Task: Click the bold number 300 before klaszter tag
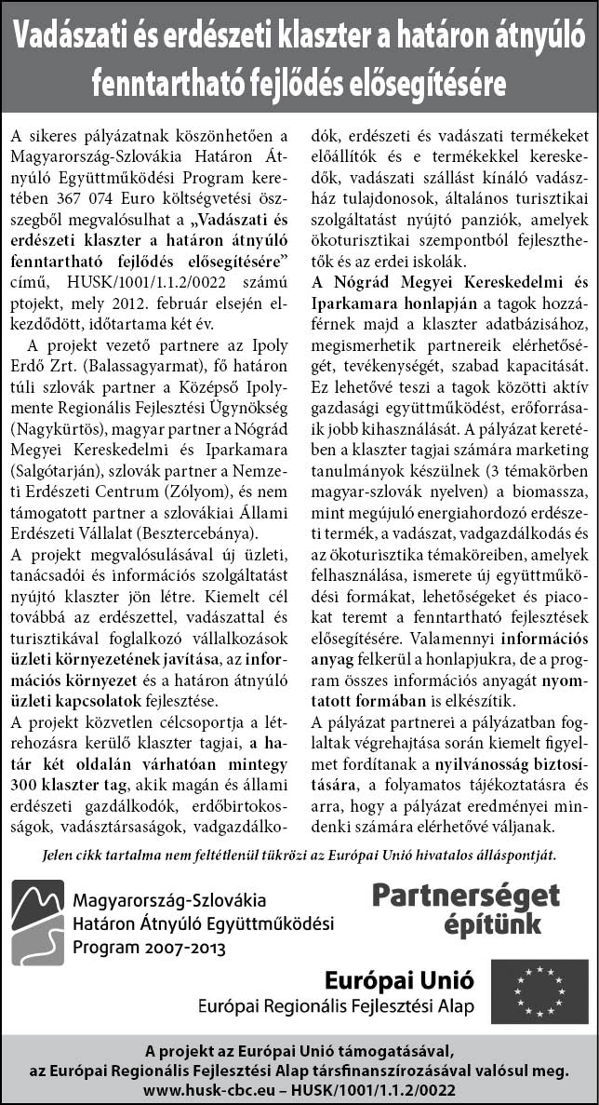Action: pyautogui.click(x=28, y=761)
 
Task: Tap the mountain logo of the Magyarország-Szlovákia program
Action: pyautogui.click(x=37, y=924)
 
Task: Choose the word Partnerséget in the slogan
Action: pyautogui.click(x=466, y=896)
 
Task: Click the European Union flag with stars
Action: pyautogui.click(x=540, y=991)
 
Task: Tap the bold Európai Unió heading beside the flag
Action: pyautogui.click(x=399, y=980)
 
